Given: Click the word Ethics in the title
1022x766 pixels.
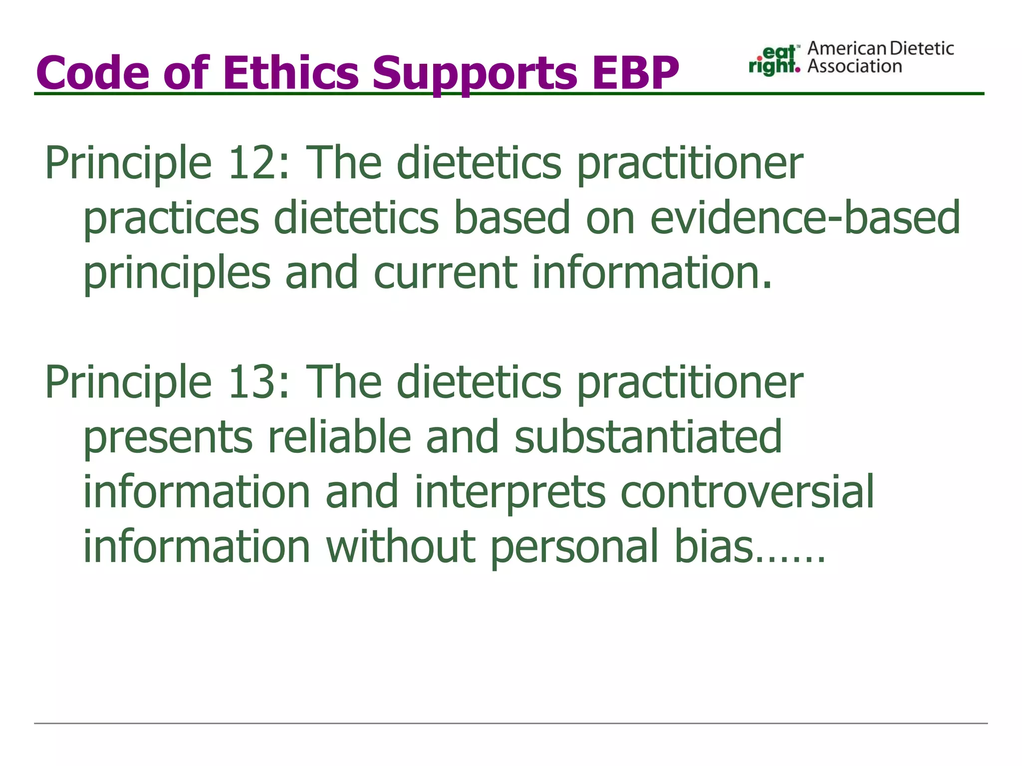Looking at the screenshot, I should pos(289,72).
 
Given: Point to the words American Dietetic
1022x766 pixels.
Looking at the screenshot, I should pos(880,48).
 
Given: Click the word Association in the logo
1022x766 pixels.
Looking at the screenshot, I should pos(854,66).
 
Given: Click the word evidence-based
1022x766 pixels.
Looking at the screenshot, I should pos(804,217).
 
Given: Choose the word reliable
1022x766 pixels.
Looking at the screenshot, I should pos(339,437).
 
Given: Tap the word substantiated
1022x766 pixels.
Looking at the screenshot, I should pos(648,437).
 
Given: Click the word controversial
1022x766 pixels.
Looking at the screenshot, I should pos(747,492).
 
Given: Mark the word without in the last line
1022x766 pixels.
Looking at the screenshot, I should pos(400,547).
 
